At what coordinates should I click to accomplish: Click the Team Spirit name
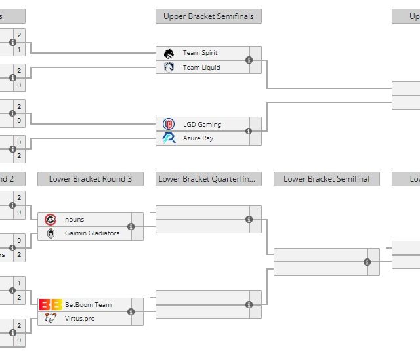coord(200,53)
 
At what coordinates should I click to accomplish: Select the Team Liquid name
coord(201,67)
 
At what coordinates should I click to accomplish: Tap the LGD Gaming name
coord(202,124)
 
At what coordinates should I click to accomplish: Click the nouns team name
coord(75,219)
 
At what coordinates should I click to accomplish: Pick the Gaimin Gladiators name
coord(92,233)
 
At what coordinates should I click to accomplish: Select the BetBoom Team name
coord(88,304)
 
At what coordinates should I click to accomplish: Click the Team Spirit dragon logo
coord(169,53)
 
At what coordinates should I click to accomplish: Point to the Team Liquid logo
coord(169,67)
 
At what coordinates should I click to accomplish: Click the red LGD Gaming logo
coord(169,124)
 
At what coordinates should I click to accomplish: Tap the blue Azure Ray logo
coord(169,138)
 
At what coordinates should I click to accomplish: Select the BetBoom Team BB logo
coord(51,304)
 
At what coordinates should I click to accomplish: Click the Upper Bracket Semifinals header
coord(209,16)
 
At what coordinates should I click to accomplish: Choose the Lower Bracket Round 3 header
coord(91,179)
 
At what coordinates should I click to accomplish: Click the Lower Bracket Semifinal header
coord(327,179)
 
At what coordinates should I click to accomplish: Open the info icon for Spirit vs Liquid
coord(249,60)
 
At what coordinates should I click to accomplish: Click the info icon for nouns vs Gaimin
coord(131,226)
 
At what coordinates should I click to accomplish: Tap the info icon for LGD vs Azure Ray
coord(249,131)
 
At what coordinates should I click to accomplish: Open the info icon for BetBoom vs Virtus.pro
coord(131,311)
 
